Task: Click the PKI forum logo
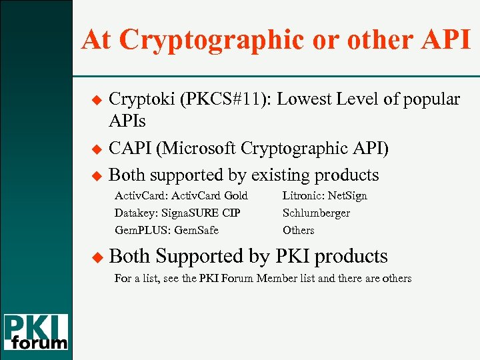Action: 36,332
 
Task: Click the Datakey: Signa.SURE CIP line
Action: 177,213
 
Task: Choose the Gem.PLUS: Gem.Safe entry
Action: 167,230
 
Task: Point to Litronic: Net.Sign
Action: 325,195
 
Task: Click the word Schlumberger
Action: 316,213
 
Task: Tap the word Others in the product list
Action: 298,230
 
